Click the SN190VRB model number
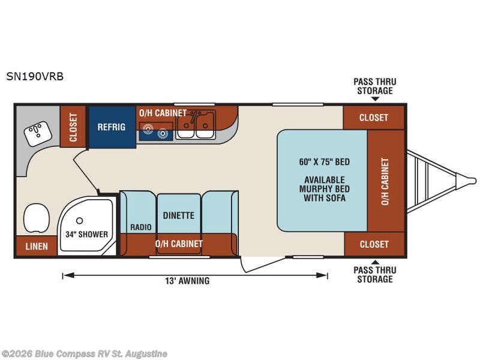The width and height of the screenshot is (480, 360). [35, 76]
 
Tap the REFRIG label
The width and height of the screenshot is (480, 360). [112, 127]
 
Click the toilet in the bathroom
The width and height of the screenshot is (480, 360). [37, 218]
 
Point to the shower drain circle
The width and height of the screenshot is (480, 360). [80, 220]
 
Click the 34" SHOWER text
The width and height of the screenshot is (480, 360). [86, 234]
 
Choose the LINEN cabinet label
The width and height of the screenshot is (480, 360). [37, 246]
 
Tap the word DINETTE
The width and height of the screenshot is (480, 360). [178, 215]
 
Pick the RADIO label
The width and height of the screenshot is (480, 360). [141, 227]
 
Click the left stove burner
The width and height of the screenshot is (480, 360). [148, 128]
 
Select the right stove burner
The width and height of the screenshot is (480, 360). [163, 133]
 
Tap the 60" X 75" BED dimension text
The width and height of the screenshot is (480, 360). [325, 161]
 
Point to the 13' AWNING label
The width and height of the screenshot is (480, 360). [187, 281]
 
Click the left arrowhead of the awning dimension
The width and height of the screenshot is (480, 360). [68, 275]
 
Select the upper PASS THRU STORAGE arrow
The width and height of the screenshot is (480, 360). [376, 98]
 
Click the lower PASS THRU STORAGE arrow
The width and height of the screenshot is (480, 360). [376, 262]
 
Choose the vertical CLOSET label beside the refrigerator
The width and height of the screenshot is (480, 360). [73, 127]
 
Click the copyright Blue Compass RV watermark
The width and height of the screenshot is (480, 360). [85, 354]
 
